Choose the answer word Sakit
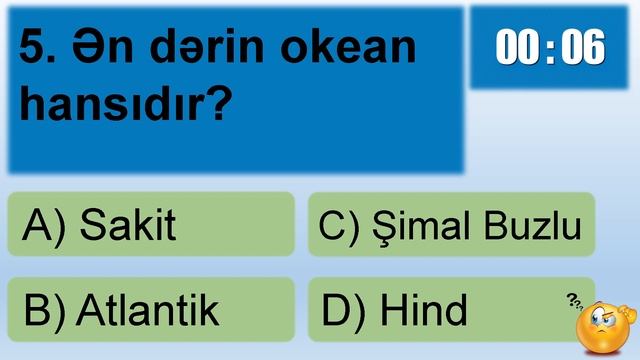click(x=127, y=226)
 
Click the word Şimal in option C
click(x=419, y=226)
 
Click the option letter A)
click(x=44, y=227)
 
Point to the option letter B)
click(x=44, y=311)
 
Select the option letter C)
click(x=339, y=227)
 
